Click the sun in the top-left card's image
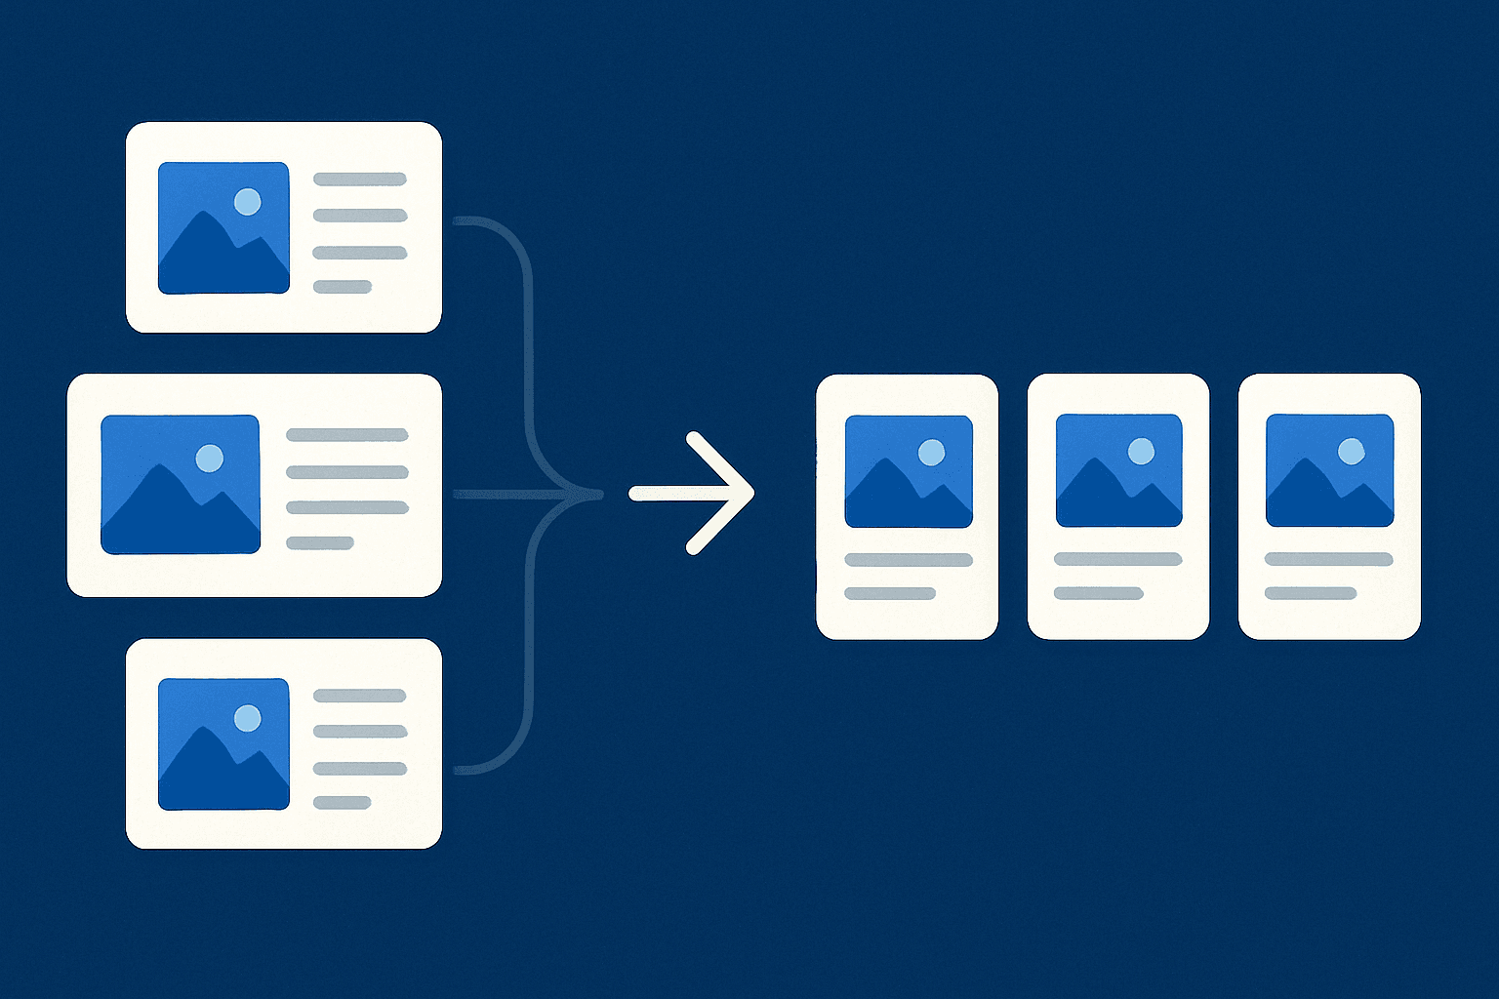pos(248,202)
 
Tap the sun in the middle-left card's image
pos(210,458)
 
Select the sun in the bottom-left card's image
pos(248,719)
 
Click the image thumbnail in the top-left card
pos(223,228)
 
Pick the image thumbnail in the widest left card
pos(181,484)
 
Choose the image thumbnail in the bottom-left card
pos(223,743)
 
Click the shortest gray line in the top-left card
pos(343,287)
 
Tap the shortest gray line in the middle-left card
pos(319,543)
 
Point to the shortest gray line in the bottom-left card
pos(343,803)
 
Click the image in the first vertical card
pos(909,471)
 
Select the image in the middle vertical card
pos(1118,470)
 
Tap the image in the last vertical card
pos(1329,470)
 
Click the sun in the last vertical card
pos(1351,451)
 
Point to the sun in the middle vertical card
pos(1141,451)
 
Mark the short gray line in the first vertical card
pos(890,593)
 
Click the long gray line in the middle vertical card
pos(1118,559)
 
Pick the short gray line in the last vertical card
pos(1311,593)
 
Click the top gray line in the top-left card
pos(359,180)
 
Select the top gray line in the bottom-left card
pos(359,696)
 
